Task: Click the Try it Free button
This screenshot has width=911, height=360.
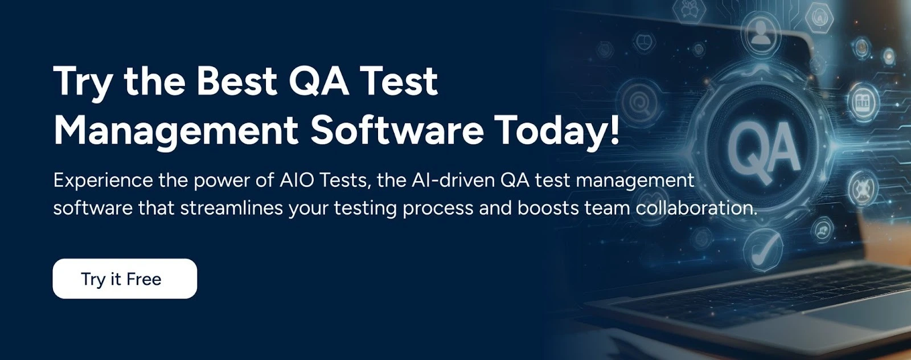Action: point(125,279)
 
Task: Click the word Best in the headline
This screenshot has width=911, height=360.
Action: point(236,81)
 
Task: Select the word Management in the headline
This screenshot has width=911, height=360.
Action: point(175,130)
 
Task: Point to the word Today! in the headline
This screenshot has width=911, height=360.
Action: point(556,130)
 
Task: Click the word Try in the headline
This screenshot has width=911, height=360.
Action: point(83,82)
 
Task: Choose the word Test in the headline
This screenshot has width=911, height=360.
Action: point(399,81)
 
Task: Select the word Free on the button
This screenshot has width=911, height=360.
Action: point(143,279)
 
